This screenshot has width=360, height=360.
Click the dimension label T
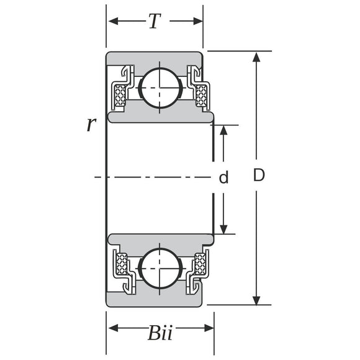click(x=155, y=21)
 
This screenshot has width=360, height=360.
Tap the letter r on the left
click(x=91, y=125)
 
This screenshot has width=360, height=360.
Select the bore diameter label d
click(x=223, y=177)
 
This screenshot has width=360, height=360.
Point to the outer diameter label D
click(x=259, y=175)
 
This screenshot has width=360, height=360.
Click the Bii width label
click(x=160, y=333)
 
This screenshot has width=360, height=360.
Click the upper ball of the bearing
click(x=160, y=88)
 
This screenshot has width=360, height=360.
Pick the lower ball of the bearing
click(x=160, y=268)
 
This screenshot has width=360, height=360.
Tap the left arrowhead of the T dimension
click(x=113, y=21)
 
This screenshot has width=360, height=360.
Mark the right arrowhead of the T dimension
click(x=198, y=21)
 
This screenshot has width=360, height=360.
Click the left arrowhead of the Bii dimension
click(x=113, y=328)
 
